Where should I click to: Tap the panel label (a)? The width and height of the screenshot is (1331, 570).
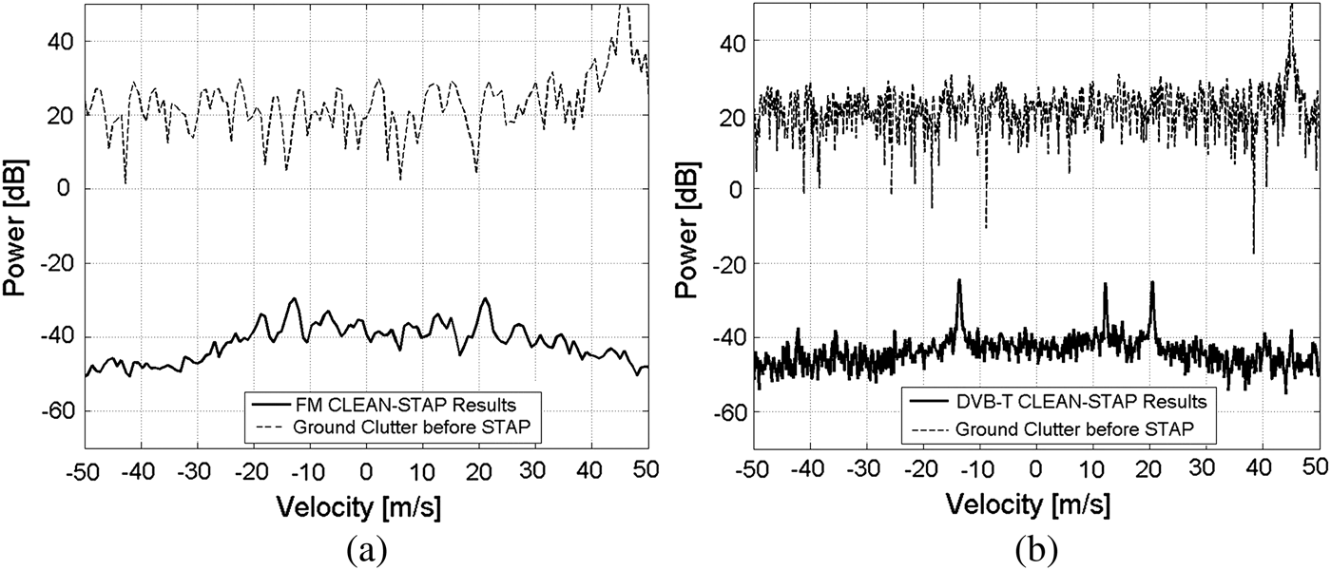coord(366,550)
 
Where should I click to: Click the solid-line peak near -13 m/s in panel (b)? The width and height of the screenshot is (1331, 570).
coord(959,281)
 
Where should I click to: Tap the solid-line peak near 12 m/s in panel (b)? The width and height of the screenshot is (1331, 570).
coord(1106,284)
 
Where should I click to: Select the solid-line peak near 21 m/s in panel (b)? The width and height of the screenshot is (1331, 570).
coord(1152,283)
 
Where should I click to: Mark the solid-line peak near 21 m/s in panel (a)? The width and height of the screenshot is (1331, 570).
coord(485,299)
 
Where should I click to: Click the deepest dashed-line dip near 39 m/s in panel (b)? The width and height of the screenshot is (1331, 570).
coord(1254,252)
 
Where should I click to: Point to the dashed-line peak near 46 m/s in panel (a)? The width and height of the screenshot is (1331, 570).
coord(624,6)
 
